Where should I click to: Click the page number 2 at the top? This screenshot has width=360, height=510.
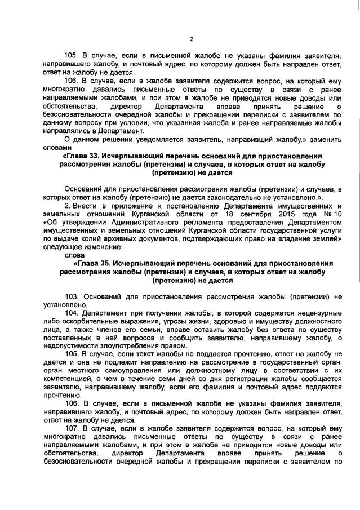(x=192, y=39)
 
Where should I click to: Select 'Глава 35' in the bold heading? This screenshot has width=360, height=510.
(x=95, y=263)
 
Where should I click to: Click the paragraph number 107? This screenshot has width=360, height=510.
(x=72, y=429)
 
